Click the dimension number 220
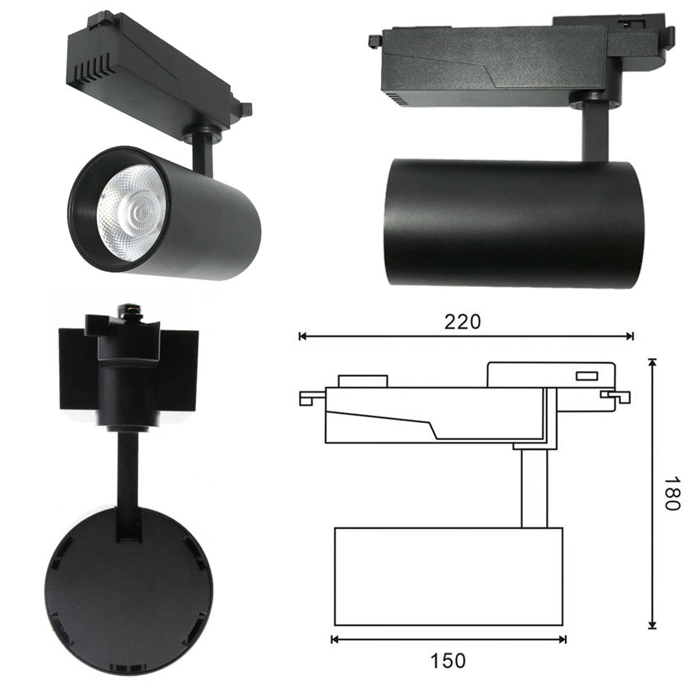pyautogui.click(x=462, y=321)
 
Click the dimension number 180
pyautogui.click(x=671, y=493)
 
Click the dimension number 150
pyautogui.click(x=448, y=660)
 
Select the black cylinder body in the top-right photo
pyautogui.click(x=513, y=223)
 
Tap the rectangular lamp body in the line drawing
pyautogui.click(x=448, y=576)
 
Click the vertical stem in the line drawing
pyautogui.click(x=534, y=488)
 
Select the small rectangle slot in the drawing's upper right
pyautogui.click(x=586, y=376)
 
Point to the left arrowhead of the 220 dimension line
pyautogui.click(x=302, y=336)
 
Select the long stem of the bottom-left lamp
pyautogui.click(x=127, y=484)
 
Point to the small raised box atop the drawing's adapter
pyautogui.click(x=362, y=381)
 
